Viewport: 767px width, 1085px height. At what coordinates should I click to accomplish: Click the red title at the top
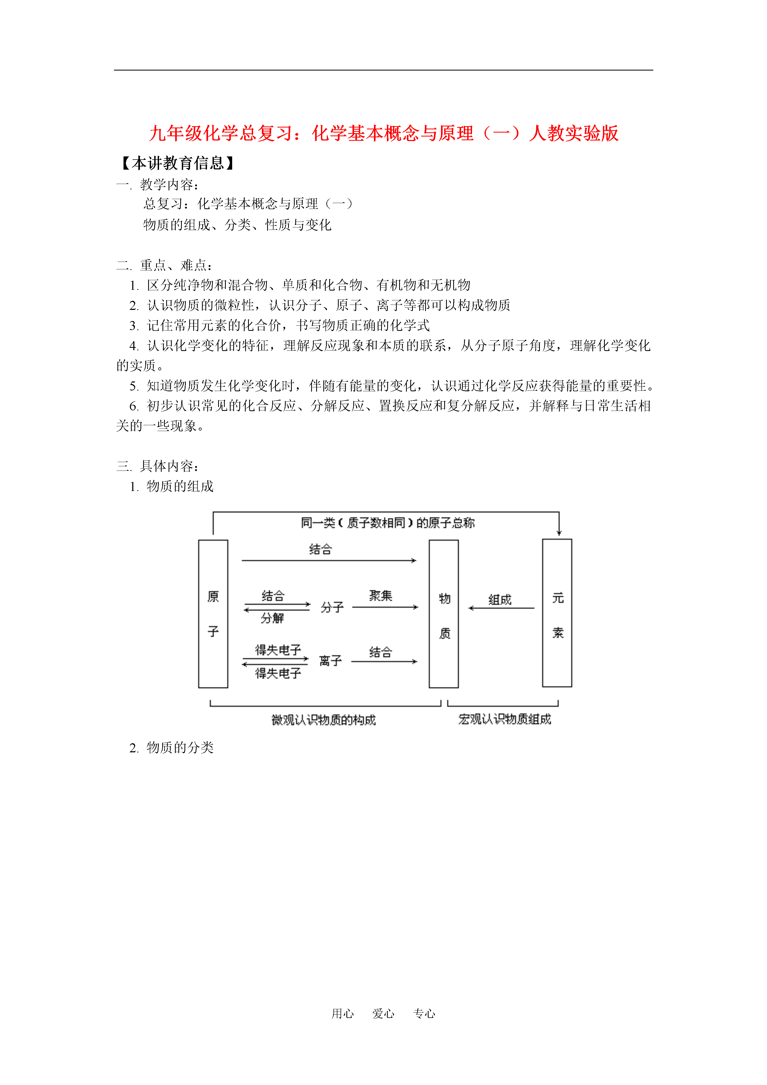point(383,133)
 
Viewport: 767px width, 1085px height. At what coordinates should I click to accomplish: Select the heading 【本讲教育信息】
point(178,163)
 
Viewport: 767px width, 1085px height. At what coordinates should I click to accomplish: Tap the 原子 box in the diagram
point(213,613)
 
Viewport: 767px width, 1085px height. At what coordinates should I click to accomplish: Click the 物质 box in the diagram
point(444,613)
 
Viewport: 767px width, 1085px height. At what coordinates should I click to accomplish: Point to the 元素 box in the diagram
point(557,613)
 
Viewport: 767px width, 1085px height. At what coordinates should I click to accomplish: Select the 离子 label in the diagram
point(330,661)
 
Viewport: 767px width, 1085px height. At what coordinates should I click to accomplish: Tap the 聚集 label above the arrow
point(381,595)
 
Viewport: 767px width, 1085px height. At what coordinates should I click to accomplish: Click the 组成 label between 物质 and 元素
point(500,600)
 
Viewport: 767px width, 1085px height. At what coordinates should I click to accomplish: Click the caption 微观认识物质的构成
point(324,720)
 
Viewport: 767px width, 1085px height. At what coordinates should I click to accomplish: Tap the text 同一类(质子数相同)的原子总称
point(387,523)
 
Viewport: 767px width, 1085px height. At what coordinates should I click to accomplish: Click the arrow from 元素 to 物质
point(501,608)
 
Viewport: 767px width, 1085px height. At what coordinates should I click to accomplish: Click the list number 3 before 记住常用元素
point(134,326)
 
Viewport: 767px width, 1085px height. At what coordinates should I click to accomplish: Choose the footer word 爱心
point(383,1013)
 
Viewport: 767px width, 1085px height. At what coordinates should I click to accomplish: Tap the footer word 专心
point(424,1013)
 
